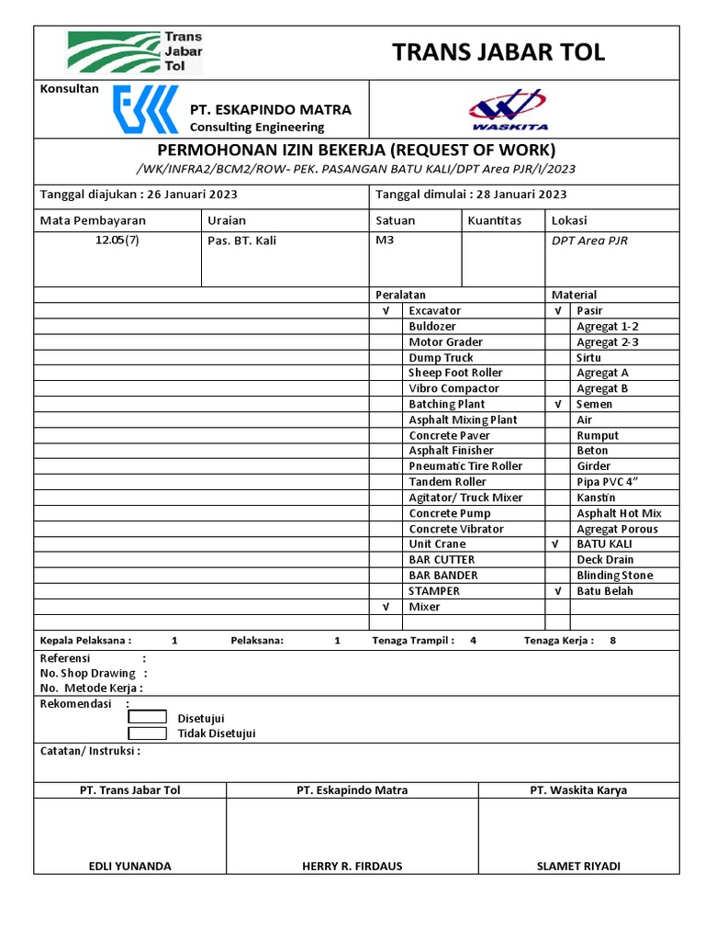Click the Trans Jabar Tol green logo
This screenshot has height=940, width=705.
pos(136,52)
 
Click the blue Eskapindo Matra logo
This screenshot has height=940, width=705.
pos(145,109)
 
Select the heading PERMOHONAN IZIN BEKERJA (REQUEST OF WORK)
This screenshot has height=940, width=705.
pos(356,150)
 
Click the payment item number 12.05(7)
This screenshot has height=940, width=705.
pos(117,241)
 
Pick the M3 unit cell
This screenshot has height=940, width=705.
pos(384,241)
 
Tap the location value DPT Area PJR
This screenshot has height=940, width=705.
pos(589,241)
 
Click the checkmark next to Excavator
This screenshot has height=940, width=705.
pos(386,311)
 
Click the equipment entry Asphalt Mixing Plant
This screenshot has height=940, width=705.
pos(463,420)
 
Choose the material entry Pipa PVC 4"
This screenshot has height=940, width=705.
pos(607,482)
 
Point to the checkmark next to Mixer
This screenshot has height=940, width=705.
pos(386,607)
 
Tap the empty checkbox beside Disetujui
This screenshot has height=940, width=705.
pos(147,717)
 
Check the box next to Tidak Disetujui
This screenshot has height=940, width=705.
pos(147,733)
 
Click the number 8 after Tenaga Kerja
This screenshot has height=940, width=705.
pos(613,641)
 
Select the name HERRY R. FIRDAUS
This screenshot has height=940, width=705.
pos(352,866)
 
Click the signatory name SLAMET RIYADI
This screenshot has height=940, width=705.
pos(578,866)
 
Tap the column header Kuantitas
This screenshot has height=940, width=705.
pos(494,220)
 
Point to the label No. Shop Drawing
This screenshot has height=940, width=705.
pos(88,673)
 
